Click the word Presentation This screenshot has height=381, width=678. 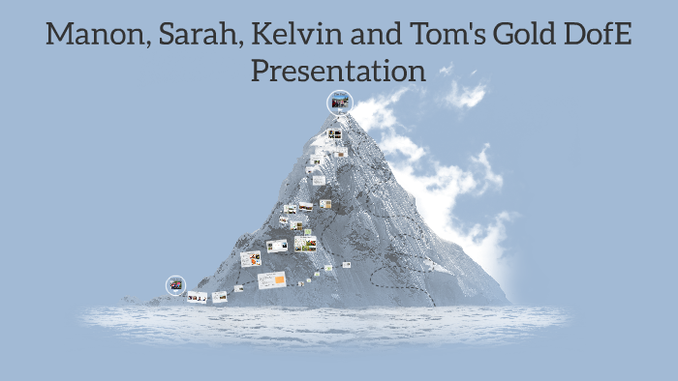[339, 72]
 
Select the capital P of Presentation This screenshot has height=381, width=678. [260, 71]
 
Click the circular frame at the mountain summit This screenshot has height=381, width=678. [339, 102]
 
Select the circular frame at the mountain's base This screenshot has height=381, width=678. [175, 284]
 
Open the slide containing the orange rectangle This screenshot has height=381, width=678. [272, 279]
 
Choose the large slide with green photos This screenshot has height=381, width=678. [306, 244]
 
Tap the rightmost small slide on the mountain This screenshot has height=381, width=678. [346, 264]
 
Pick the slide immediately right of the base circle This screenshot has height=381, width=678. [198, 297]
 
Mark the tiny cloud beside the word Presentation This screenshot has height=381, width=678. [447, 69]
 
